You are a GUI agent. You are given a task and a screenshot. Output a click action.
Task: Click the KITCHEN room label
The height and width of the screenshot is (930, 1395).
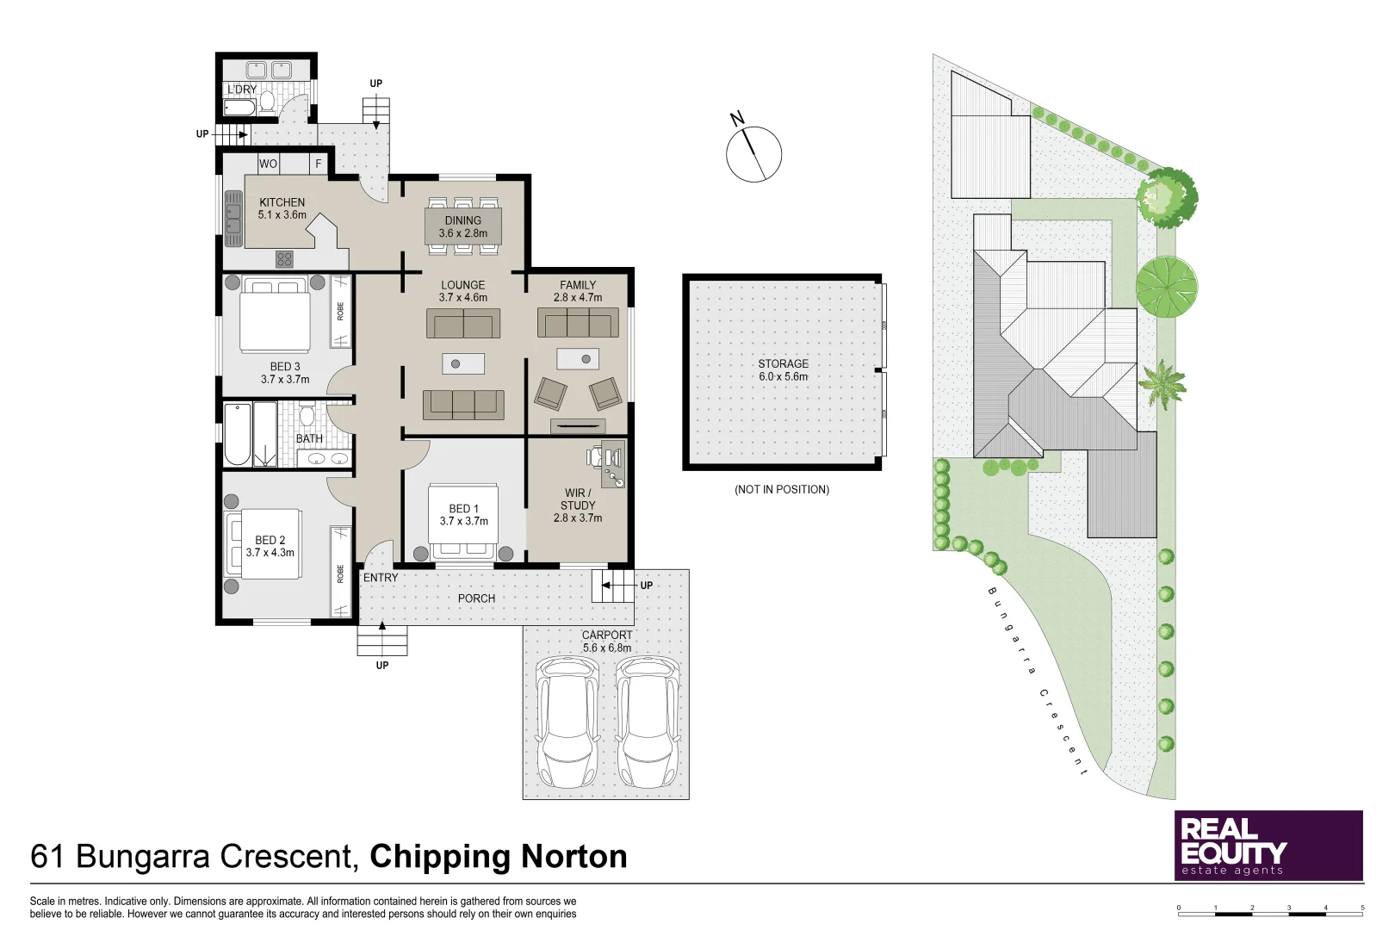(282, 203)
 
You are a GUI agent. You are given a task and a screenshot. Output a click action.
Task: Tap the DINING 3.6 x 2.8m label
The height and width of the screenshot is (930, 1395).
(463, 226)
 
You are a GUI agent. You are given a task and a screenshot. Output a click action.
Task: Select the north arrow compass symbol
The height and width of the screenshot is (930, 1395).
(753, 154)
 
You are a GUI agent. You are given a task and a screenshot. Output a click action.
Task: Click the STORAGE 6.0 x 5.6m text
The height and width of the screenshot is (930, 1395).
(783, 370)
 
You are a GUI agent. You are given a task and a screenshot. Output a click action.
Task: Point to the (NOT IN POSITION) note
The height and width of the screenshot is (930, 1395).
(781, 489)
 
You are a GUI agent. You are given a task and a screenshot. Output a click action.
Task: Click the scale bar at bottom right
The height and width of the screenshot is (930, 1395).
(1270, 912)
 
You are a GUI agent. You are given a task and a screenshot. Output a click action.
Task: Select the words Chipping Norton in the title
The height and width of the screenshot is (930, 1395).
(499, 857)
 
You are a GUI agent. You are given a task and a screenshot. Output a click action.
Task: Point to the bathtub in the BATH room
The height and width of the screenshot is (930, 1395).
(238, 433)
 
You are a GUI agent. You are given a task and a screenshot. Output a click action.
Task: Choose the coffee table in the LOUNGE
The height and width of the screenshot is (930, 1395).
(463, 363)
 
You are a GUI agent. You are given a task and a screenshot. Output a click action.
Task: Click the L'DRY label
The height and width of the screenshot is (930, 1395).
(242, 90)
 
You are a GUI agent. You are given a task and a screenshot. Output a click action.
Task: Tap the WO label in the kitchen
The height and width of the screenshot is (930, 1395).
(269, 164)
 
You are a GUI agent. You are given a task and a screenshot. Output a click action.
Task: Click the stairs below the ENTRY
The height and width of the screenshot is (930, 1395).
(382, 640)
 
